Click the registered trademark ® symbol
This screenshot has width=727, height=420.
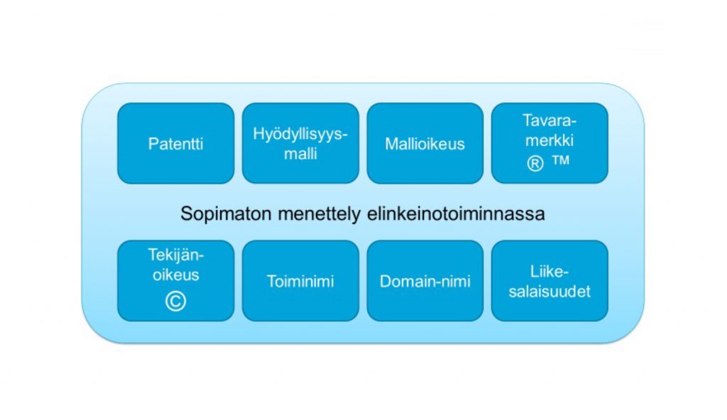tap(536, 164)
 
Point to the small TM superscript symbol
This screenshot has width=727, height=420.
tap(560, 161)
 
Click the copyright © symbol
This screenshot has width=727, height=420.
tap(175, 301)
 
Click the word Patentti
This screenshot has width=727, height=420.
tap(175, 144)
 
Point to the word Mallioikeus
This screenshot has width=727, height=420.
tap(425, 144)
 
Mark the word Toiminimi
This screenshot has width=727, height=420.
tap(301, 282)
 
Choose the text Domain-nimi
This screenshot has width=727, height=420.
tap(425, 282)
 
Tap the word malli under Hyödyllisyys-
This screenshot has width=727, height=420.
tap(301, 154)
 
